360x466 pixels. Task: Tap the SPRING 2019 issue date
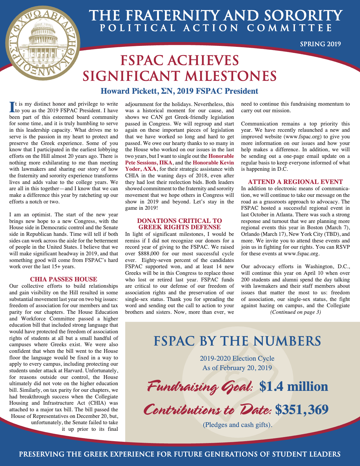(x=320, y=44)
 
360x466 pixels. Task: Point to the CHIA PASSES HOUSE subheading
(x=64, y=279)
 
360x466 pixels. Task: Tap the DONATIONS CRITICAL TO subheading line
(x=179, y=221)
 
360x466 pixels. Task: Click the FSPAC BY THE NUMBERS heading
(x=237, y=341)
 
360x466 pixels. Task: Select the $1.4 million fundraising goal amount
(x=294, y=386)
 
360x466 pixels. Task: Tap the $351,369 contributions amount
(x=302, y=409)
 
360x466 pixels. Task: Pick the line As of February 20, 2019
(x=237, y=368)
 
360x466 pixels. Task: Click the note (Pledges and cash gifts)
(x=237, y=425)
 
